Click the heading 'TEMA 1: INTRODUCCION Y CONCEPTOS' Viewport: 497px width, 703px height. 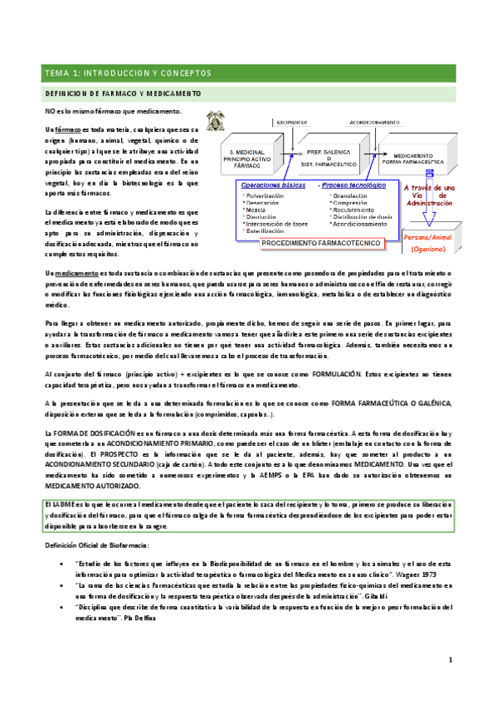pos(129,73)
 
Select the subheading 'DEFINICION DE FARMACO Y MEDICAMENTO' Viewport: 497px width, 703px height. pos(122,95)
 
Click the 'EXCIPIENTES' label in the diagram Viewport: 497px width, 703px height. pos(292,120)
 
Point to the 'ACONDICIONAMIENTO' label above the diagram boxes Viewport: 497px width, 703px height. pos(368,120)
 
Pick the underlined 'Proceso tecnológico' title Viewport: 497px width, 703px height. pos(349,187)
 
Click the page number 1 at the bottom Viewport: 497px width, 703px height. pos(449,682)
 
